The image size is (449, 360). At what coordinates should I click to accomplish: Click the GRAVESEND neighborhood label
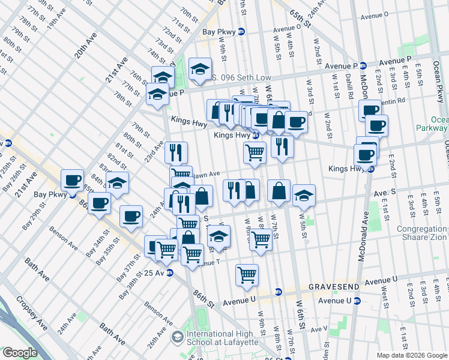coord(334,287)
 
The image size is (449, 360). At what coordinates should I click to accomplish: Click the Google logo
coord(20,353)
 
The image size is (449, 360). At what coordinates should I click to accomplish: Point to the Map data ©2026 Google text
coord(412,355)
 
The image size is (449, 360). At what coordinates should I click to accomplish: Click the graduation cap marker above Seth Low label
coord(200,70)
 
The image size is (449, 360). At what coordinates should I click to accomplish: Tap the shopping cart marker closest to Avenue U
coord(247,275)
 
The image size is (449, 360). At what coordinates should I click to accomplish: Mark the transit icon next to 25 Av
coord(170,272)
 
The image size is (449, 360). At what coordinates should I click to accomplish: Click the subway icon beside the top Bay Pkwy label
coord(241,32)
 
